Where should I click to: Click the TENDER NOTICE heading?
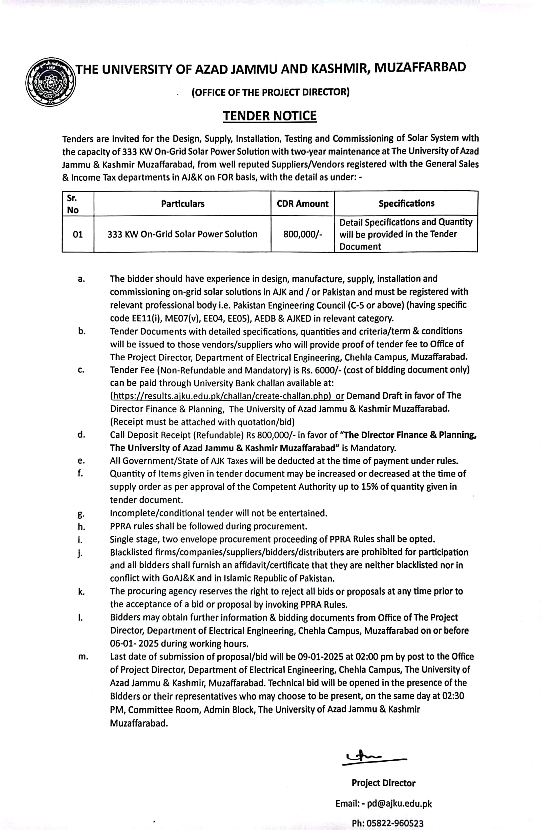270,116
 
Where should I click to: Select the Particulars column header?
182,204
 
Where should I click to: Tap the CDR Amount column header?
302,204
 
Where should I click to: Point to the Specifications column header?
406,203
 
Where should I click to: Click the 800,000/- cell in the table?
302,234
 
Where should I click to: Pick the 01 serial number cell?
78,234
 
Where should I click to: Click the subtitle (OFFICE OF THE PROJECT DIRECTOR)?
270,92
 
